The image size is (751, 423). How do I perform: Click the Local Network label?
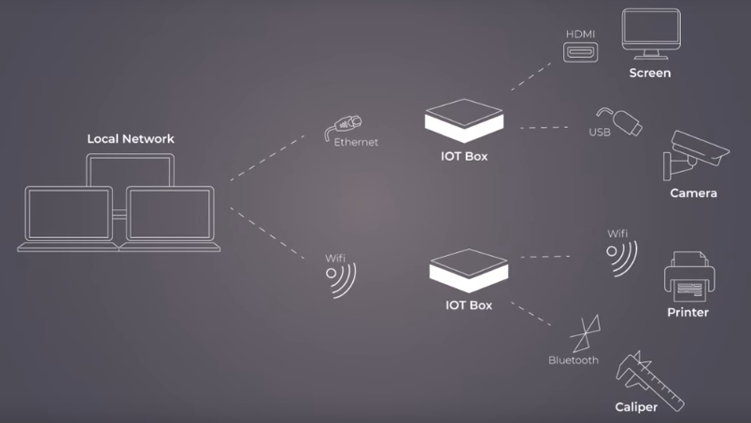tap(131, 139)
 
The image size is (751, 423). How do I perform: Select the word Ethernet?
tap(356, 142)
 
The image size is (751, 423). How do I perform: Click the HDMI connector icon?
tap(580, 52)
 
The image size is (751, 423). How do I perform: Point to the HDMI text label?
tap(580, 35)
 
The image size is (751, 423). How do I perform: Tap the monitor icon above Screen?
tap(649, 33)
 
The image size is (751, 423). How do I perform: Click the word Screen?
tap(649, 73)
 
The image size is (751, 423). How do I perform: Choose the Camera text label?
tap(693, 193)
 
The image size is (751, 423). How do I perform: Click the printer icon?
tap(688, 275)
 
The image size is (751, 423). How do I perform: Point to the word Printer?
tap(687, 313)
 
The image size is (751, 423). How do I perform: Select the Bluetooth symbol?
tap(586, 333)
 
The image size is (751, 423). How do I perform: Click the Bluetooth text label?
tap(574, 360)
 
